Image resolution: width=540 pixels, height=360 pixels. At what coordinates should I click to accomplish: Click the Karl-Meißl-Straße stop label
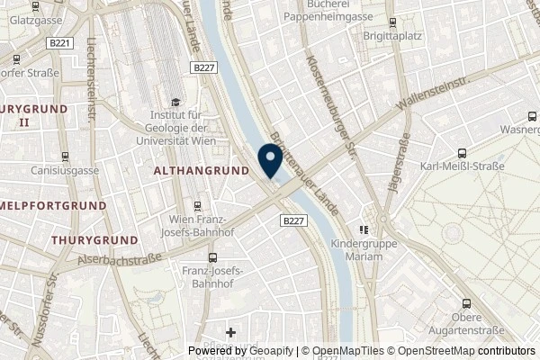[x=461, y=167]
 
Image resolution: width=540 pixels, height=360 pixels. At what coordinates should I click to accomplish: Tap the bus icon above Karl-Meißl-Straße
[x=461, y=153]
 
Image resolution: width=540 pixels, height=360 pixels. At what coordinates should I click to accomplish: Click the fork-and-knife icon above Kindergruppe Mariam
[x=364, y=229]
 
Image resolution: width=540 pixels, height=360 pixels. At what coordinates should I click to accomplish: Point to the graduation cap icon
[x=175, y=103]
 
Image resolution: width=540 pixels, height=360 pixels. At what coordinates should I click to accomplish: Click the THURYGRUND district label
[x=94, y=241]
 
